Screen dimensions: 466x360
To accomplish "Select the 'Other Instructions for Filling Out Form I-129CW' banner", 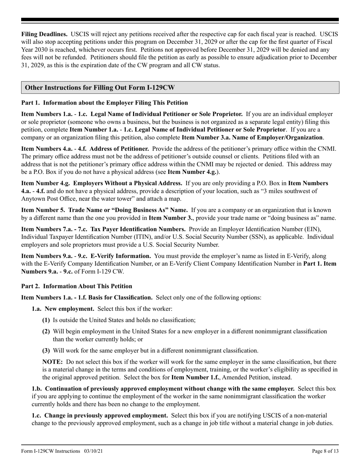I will [x=100, y=88].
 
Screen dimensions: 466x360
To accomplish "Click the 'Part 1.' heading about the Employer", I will [x=104, y=102].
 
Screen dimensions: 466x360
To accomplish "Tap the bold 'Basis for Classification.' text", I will [x=121, y=297].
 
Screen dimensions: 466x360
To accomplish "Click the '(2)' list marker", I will [x=46, y=332].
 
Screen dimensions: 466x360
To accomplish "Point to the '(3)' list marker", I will [x=46, y=350].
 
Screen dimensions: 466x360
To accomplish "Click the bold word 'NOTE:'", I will [x=52, y=362].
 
